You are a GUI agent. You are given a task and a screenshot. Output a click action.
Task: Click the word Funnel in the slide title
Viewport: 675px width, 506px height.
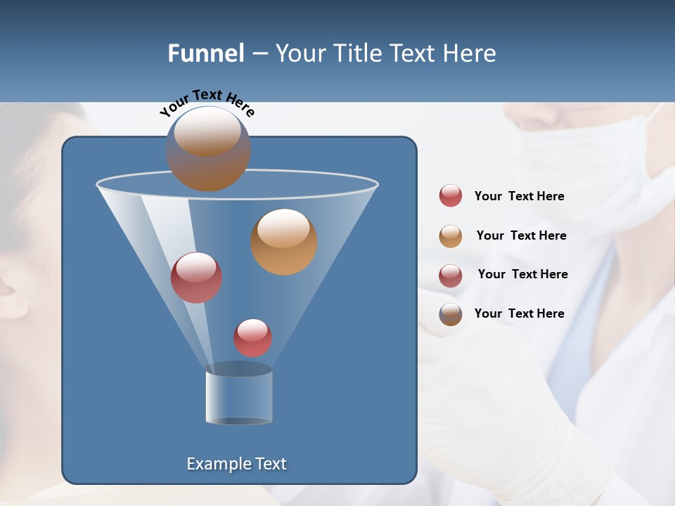[x=206, y=53]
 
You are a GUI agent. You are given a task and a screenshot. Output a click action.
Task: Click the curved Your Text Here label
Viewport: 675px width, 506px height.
[x=207, y=102]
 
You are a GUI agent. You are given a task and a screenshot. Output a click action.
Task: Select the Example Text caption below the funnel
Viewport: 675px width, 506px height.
[x=236, y=464]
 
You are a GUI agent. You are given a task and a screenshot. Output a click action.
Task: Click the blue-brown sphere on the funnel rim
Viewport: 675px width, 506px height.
[x=208, y=149]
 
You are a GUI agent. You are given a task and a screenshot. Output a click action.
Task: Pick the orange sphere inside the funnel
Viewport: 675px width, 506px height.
[x=284, y=242]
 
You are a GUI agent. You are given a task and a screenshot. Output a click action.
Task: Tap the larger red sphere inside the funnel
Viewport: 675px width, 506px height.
[x=197, y=278]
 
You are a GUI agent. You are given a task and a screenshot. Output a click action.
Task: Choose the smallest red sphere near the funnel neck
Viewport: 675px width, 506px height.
[x=253, y=338]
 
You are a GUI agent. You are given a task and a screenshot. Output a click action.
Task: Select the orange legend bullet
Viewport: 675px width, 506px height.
[x=451, y=236]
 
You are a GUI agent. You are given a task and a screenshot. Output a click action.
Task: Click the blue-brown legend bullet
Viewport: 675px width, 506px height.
[x=451, y=314]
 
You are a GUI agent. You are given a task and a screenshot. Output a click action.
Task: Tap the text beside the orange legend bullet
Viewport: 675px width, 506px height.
[x=521, y=235]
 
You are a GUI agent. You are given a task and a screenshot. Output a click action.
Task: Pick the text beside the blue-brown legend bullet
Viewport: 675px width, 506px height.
[x=519, y=313]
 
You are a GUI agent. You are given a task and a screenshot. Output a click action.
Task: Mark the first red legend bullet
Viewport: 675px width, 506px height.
[x=451, y=196]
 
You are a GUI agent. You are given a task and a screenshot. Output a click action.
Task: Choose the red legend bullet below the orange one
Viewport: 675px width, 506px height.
[x=451, y=275]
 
